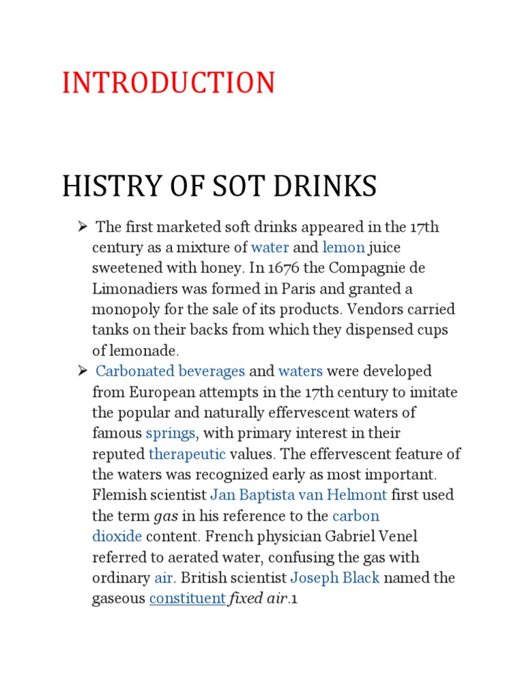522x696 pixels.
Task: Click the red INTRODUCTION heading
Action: (169, 83)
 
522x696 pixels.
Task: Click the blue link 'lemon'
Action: (344, 247)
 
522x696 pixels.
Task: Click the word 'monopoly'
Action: (123, 310)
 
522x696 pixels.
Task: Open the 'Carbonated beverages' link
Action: (170, 372)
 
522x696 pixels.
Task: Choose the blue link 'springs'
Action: (171, 434)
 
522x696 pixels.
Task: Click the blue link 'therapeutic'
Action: (186, 454)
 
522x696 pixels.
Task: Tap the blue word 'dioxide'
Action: (117, 537)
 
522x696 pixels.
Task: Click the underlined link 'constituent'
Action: (187, 599)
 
